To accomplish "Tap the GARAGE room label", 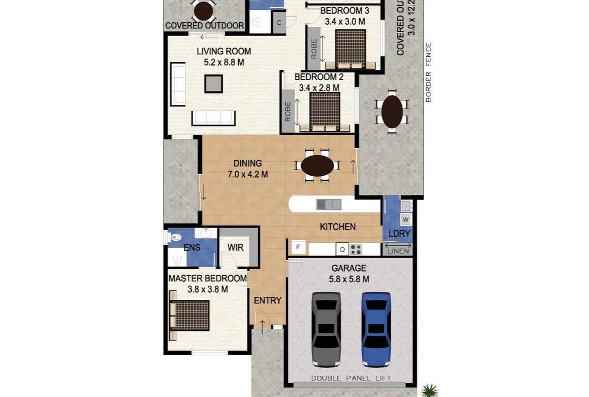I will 349,268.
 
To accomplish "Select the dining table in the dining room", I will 317,165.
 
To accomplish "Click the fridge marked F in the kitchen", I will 298,248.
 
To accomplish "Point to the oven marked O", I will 342,250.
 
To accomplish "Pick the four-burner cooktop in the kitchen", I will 355,250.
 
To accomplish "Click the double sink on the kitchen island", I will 329,205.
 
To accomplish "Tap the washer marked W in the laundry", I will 405,219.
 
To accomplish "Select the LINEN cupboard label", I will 397,251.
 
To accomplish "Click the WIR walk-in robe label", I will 236,248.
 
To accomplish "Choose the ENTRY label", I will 268,300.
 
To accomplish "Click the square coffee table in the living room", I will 213,83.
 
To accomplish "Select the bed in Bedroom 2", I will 324,112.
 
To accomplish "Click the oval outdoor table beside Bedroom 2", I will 392,112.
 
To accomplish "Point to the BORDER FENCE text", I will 428,72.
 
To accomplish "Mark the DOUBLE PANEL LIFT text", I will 351,378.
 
